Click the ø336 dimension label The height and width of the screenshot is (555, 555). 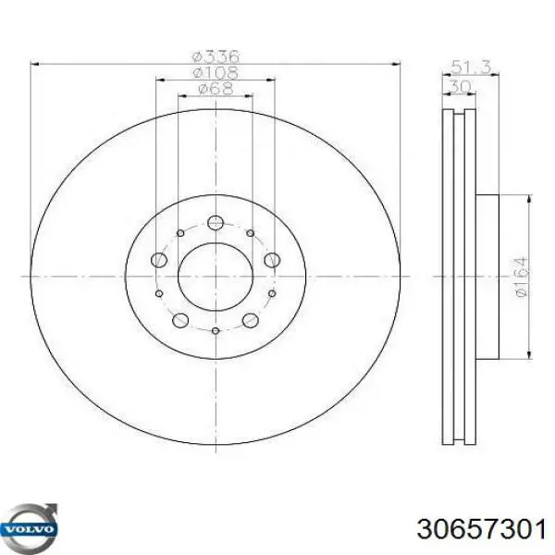point(214,55)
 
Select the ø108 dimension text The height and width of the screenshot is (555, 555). point(214,72)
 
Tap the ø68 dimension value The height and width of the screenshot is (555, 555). point(214,89)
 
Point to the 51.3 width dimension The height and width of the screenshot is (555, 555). point(465,66)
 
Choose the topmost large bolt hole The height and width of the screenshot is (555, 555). point(216,222)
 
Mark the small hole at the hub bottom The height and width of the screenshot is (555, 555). point(215,331)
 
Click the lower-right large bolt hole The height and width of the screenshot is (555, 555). point(250,321)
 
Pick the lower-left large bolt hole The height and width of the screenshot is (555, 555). point(180,321)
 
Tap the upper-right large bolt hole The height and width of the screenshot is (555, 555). point(271,261)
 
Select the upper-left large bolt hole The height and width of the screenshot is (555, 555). point(158,261)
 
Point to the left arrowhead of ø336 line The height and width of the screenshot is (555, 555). point(36,63)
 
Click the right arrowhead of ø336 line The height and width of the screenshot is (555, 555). point(395,63)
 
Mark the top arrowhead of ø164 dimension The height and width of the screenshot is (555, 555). point(528,200)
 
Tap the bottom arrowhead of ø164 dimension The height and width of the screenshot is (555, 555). point(528,353)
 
